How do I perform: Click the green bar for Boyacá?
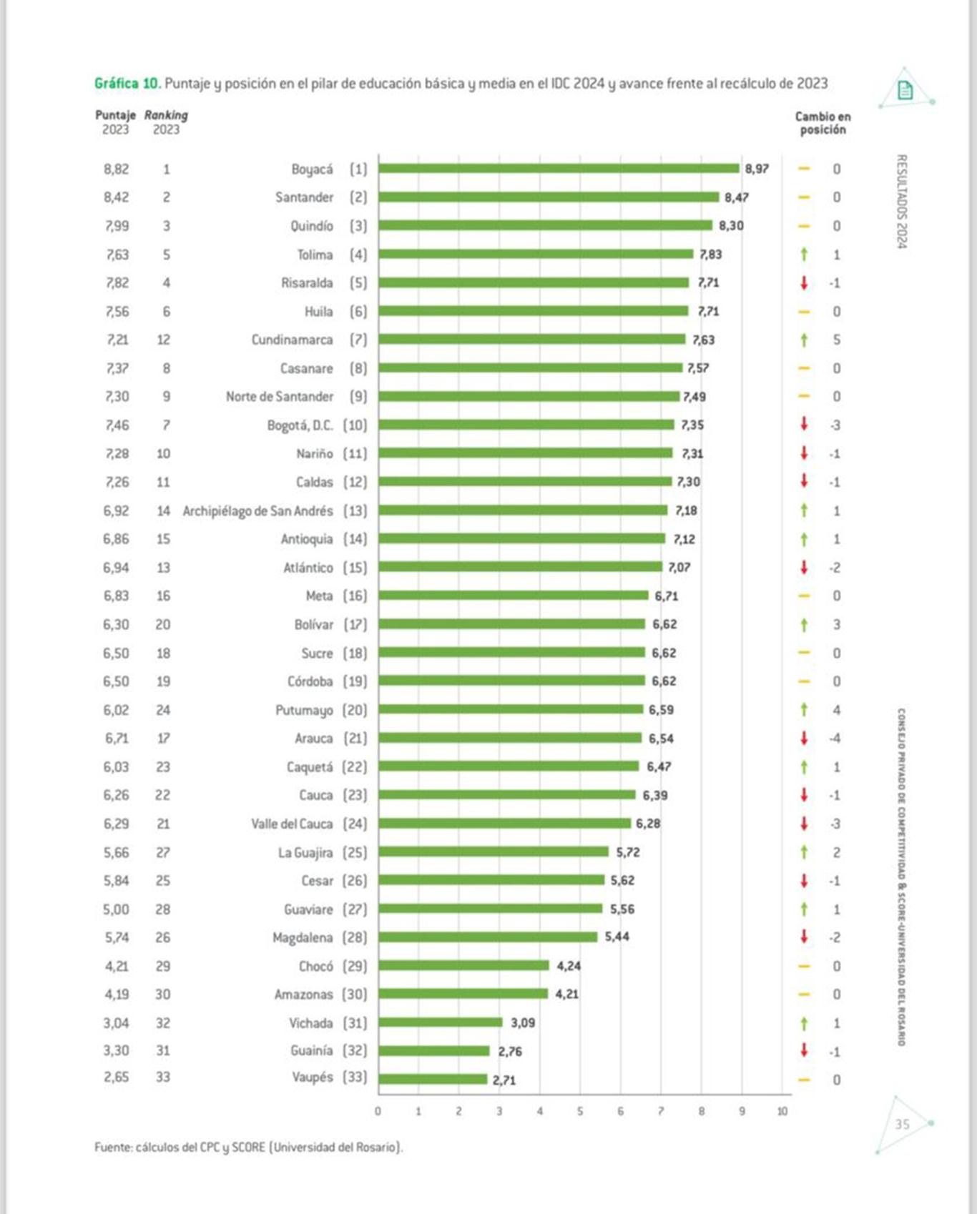tap(559, 169)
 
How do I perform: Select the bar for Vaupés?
tap(433, 1079)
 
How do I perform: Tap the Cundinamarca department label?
tap(292, 340)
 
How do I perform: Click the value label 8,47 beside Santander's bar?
tap(736, 197)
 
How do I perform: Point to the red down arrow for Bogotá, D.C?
tap(804, 424)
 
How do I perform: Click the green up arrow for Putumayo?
tap(804, 709)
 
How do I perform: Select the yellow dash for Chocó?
tap(804, 966)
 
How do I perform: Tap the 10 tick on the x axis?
tap(782, 1111)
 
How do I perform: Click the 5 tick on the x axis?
tap(580, 1111)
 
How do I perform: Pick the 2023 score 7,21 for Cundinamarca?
tap(117, 340)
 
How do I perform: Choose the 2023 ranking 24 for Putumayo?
tap(163, 710)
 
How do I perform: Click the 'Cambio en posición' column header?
tap(823, 123)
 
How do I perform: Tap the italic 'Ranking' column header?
tap(166, 115)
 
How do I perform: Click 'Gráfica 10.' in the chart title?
tap(127, 84)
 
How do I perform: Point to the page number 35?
tap(903, 1124)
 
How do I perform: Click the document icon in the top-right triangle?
tap(905, 91)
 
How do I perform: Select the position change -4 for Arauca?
tap(835, 739)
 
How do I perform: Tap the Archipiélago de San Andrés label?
tap(257, 511)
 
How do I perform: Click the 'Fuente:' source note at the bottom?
tap(249, 1148)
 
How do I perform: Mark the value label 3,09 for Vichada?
tap(523, 1023)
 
